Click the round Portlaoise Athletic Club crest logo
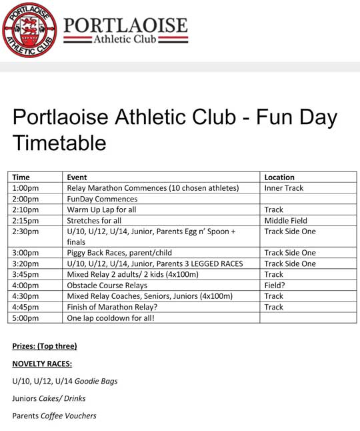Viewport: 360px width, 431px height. [29, 30]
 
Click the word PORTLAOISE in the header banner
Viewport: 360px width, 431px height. [125, 25]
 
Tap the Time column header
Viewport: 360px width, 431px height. [21, 177]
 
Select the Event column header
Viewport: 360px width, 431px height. [77, 177]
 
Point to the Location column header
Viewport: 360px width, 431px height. [279, 177]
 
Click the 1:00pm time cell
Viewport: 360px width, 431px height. [25, 188]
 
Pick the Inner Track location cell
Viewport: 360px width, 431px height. [283, 188]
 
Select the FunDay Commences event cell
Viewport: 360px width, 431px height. [102, 199]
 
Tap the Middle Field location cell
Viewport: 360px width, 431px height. [285, 220]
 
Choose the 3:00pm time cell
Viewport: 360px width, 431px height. [25, 253]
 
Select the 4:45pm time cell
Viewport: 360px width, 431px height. [25, 307]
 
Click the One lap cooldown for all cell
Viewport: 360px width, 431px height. [111, 318]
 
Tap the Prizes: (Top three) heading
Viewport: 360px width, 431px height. [45, 346]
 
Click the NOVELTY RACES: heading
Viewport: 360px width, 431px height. [42, 364]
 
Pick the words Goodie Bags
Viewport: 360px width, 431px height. [95, 381]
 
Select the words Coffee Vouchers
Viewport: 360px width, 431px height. [68, 416]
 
